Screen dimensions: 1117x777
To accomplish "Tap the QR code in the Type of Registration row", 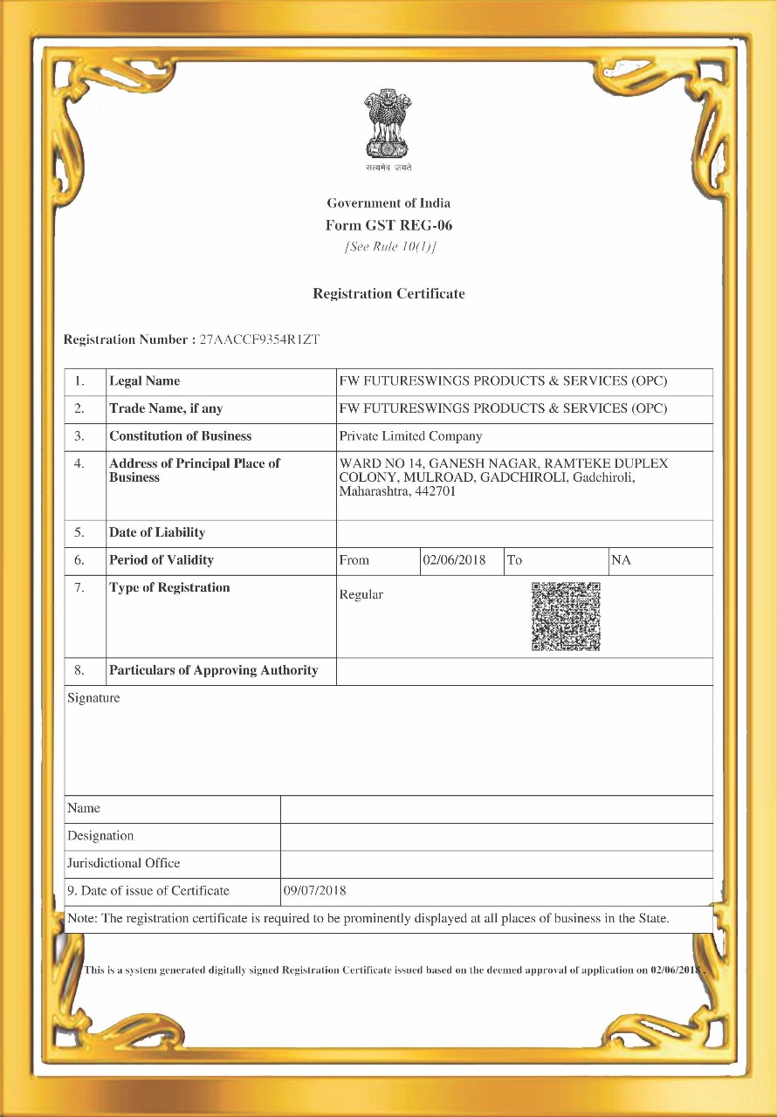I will tap(566, 616).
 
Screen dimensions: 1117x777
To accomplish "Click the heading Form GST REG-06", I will tap(388, 225).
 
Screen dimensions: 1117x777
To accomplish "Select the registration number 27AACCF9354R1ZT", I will tap(259, 339).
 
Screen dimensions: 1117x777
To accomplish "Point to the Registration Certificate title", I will tap(388, 294).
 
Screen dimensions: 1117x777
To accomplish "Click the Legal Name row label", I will tap(145, 381).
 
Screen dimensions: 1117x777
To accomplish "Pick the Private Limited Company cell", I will tap(410, 436).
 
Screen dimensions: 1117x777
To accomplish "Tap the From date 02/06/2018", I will tap(454, 560).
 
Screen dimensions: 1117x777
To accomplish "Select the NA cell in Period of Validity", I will tap(621, 560).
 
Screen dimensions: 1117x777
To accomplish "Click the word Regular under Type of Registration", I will tap(361, 595).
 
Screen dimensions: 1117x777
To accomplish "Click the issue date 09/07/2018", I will tap(315, 891).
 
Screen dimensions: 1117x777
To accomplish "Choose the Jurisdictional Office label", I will tap(124, 863).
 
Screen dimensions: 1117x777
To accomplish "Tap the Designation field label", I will tap(100, 836).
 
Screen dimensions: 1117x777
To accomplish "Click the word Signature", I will tap(93, 698).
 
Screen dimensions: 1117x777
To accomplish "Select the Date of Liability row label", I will tap(157, 532).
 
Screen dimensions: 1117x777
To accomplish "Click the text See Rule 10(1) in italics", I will tap(390, 246).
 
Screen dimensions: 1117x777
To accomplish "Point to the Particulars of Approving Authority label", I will tap(213, 671).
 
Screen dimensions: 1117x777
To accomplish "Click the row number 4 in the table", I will tap(79, 463).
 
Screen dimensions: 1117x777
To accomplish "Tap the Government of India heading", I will tap(388, 203).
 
